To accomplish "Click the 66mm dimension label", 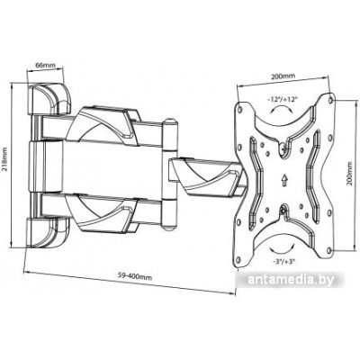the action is (44, 65).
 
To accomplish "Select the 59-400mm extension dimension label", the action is (134, 275).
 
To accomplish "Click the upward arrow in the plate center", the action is (283, 179).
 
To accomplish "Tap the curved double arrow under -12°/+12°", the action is (281, 110).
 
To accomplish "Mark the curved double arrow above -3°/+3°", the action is (281, 249).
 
